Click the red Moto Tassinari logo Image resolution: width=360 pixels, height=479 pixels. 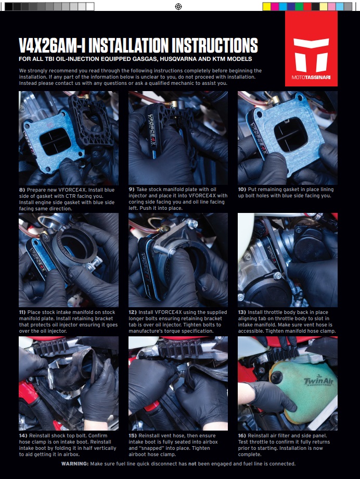[311, 48]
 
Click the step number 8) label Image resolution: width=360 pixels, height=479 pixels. [22, 190]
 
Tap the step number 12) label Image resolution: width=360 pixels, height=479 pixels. [133, 312]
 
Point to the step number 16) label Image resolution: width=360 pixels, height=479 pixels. [242, 436]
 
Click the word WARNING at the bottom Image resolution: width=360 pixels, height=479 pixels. [75, 464]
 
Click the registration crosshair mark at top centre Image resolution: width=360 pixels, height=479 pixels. [178, 6]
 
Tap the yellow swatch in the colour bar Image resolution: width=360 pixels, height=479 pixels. [266, 6]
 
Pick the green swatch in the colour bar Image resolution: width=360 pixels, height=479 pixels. [299, 6]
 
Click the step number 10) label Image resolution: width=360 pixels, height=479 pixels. [242, 190]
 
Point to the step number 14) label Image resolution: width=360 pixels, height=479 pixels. [23, 436]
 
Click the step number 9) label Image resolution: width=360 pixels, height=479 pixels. [132, 190]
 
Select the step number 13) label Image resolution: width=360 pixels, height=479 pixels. [242, 312]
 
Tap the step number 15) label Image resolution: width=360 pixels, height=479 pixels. [133, 436]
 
